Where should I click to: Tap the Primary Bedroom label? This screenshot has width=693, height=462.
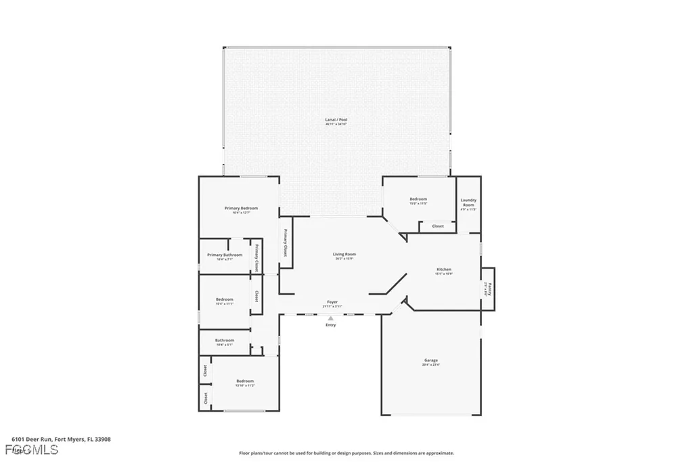pyautogui.click(x=241, y=208)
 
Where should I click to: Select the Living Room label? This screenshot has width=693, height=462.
pyautogui.click(x=344, y=254)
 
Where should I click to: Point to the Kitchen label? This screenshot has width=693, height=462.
pyautogui.click(x=443, y=270)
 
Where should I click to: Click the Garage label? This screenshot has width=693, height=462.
pyautogui.click(x=431, y=360)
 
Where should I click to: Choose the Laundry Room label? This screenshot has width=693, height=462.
pyautogui.click(x=468, y=202)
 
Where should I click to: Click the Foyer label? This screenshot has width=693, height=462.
pyautogui.click(x=332, y=302)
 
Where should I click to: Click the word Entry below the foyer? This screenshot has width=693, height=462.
pyautogui.click(x=330, y=325)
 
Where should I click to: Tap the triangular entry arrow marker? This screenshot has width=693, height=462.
pyautogui.click(x=330, y=318)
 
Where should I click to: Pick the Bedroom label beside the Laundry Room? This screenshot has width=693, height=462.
pyautogui.click(x=418, y=198)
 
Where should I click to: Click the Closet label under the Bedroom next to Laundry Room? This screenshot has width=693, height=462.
pyautogui.click(x=438, y=226)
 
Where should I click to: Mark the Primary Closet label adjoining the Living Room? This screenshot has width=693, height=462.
pyautogui.click(x=285, y=243)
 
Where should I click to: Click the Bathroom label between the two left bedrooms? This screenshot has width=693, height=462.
pyautogui.click(x=225, y=340)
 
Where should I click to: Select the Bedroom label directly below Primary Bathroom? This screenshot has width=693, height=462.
pyautogui.click(x=225, y=299)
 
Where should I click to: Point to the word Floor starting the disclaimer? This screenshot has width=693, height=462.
pyautogui.click(x=245, y=453)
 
